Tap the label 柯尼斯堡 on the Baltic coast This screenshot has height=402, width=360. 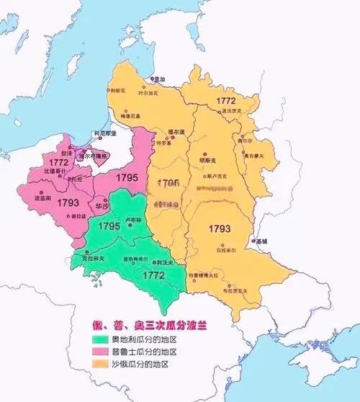tap(105, 133)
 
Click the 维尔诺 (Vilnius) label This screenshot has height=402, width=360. tap(176, 132)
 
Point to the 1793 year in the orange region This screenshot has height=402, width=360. tap(220, 229)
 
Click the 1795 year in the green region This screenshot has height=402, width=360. tap(109, 226)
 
